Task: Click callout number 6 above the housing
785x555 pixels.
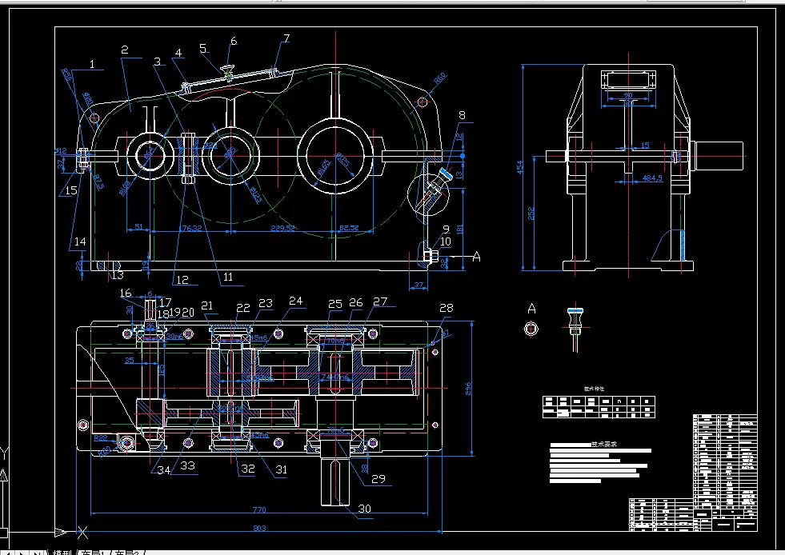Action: coord(234,41)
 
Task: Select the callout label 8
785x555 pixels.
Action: coord(461,116)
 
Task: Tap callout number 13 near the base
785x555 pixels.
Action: coord(117,276)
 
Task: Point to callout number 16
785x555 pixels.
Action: coord(126,293)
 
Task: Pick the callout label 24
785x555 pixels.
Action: coord(296,302)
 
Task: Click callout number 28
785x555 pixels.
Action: coord(446,308)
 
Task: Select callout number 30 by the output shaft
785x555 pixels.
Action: coord(365,508)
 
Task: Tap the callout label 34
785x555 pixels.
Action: coord(163,469)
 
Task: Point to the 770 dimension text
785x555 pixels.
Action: coord(260,509)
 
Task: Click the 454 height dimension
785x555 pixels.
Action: coord(521,167)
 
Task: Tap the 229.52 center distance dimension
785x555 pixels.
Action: coord(283,229)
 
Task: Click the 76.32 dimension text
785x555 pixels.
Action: coord(190,229)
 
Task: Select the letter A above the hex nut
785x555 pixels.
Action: coord(531,308)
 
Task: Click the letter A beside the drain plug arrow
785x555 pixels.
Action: coord(478,256)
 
